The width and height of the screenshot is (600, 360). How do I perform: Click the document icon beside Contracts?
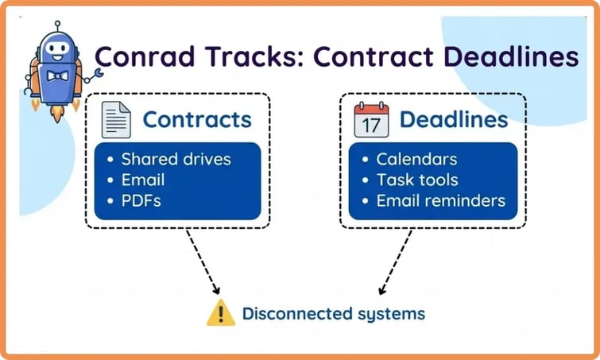(x=116, y=120)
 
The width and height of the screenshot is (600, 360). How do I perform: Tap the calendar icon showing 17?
(x=371, y=120)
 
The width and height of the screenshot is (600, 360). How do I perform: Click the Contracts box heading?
(x=197, y=120)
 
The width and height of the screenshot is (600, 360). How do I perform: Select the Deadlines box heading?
(x=453, y=120)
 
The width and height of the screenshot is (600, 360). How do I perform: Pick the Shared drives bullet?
(x=176, y=159)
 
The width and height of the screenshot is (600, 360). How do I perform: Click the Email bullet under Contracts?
(x=143, y=180)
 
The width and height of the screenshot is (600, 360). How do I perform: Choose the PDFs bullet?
(x=141, y=200)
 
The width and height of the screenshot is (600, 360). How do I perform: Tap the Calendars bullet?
(x=416, y=159)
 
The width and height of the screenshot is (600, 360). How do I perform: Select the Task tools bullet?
(x=417, y=180)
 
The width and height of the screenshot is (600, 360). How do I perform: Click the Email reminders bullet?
(x=440, y=200)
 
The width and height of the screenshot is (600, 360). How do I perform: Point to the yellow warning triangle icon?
(x=220, y=313)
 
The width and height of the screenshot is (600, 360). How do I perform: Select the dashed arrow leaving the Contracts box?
(x=202, y=262)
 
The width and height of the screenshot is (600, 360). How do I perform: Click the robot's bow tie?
(x=56, y=78)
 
